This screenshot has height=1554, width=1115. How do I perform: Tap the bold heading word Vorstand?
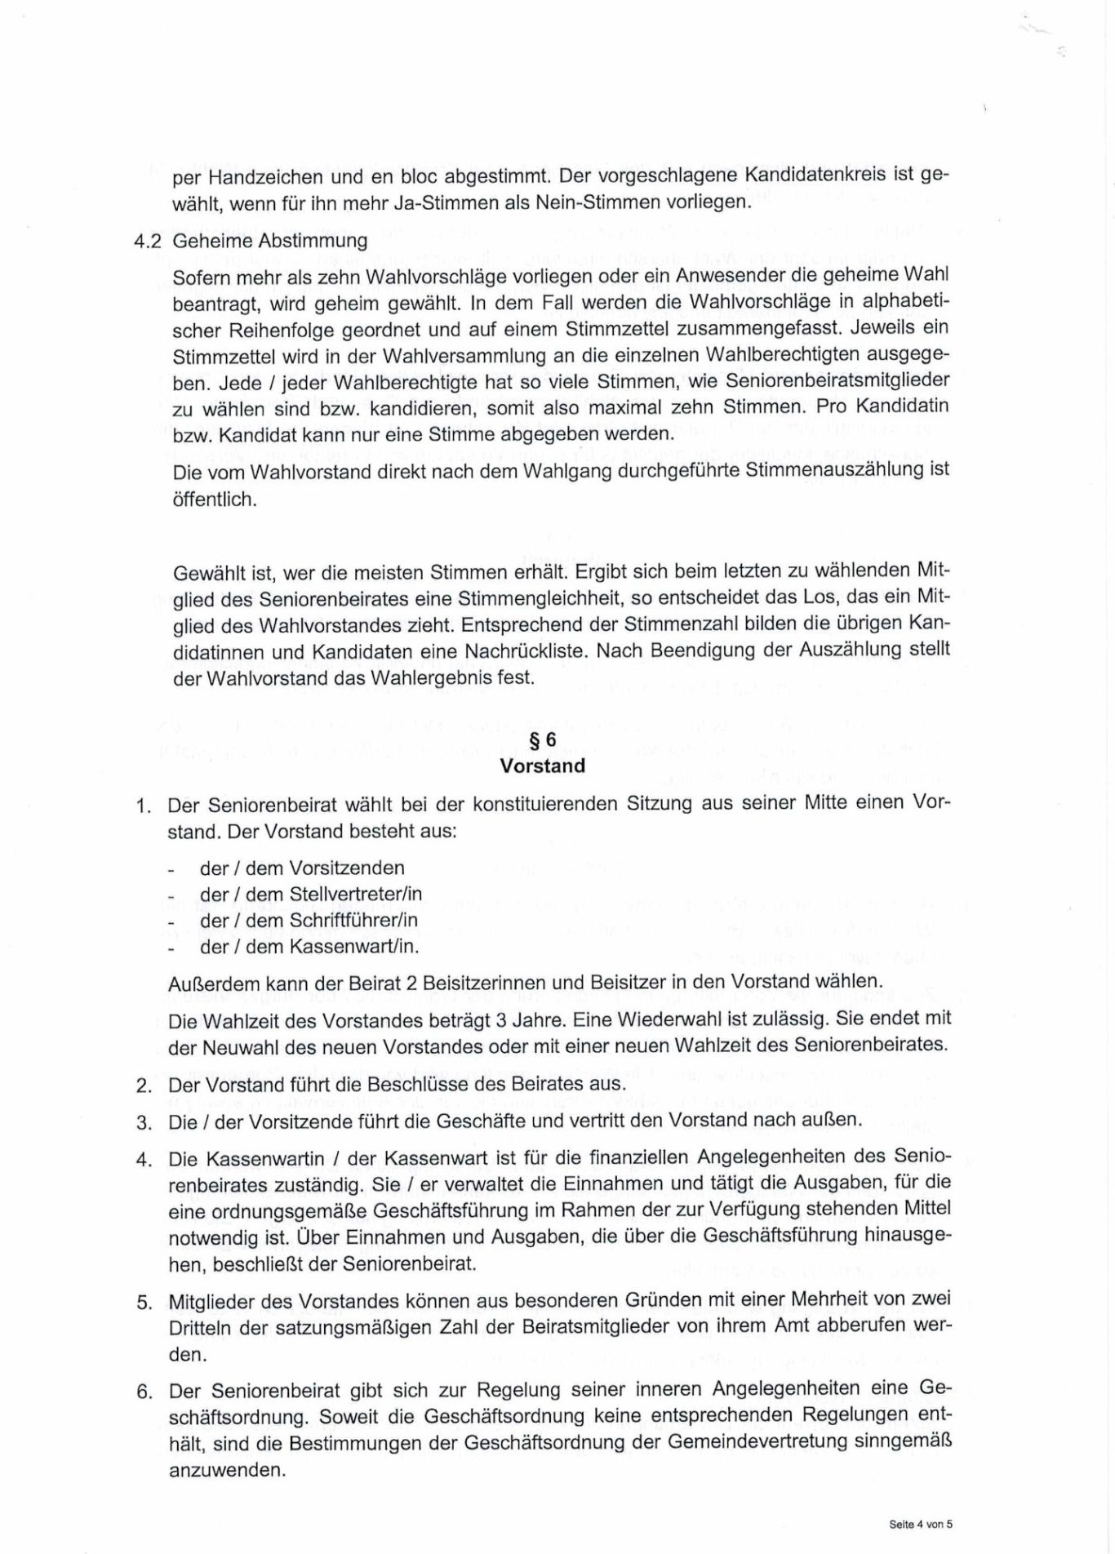click(543, 766)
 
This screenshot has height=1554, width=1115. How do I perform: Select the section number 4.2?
click(149, 241)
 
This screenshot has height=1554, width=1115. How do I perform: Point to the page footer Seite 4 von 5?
click(921, 1523)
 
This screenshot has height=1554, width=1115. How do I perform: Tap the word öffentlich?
click(215, 499)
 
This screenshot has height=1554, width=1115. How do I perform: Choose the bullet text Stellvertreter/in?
click(356, 894)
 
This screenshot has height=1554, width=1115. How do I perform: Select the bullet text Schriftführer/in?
click(354, 920)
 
